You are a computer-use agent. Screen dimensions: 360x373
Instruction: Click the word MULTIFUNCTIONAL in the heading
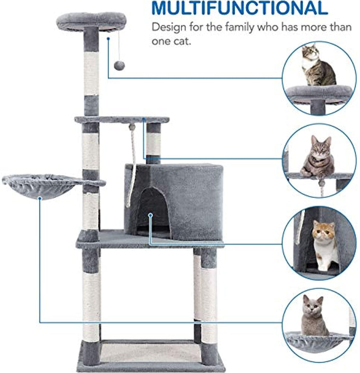(x=240, y=8)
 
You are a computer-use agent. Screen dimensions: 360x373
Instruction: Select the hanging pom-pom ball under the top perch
(x=119, y=66)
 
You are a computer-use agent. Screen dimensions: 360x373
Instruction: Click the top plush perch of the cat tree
(x=91, y=22)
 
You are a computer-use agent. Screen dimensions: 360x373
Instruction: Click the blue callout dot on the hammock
(x=40, y=198)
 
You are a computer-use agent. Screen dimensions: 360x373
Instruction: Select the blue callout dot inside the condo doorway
(x=150, y=215)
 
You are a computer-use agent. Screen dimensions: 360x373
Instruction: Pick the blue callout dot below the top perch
(x=108, y=38)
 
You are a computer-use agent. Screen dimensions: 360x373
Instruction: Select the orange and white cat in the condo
(x=325, y=245)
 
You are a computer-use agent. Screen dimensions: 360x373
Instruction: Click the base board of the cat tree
(x=151, y=357)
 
